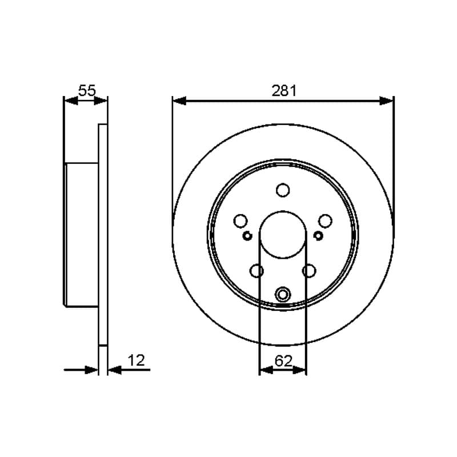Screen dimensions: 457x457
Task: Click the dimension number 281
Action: coord(284,91)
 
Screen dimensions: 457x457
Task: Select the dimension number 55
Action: coord(87,91)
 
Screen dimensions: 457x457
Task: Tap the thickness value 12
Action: coord(136,360)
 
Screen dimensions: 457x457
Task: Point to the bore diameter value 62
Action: coord(283,361)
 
